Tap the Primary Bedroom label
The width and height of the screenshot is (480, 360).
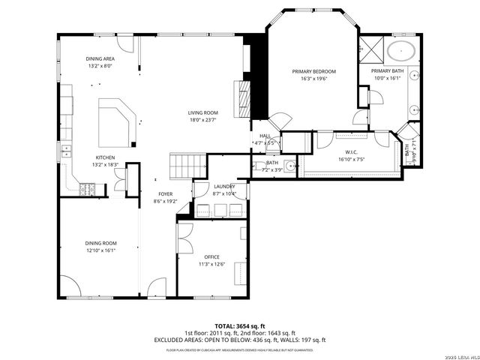[313, 71]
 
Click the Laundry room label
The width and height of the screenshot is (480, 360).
[224, 187]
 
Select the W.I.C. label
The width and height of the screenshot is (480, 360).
[351, 151]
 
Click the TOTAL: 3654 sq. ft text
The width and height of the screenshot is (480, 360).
[239, 326]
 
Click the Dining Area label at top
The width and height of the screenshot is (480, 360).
[99, 58]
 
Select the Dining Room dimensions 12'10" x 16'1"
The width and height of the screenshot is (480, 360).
[100, 250]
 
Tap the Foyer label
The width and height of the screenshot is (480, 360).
[165, 194]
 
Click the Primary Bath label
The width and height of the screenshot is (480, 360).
[387, 70]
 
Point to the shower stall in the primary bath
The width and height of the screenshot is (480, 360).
[370, 49]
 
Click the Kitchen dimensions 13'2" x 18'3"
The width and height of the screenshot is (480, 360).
[105, 164]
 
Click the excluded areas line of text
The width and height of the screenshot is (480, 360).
[239, 340]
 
